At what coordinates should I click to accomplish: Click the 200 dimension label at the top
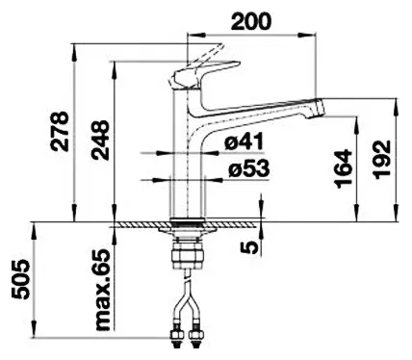(251, 21)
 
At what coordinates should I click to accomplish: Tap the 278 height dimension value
(60, 131)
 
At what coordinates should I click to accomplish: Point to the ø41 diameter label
(244, 141)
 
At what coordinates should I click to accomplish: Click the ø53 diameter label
(249, 168)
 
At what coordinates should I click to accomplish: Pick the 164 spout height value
(343, 168)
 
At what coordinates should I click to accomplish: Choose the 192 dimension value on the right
(382, 158)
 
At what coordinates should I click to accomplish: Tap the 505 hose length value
(20, 279)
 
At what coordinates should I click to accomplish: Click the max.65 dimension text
(103, 290)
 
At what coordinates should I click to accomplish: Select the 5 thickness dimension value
(249, 246)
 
